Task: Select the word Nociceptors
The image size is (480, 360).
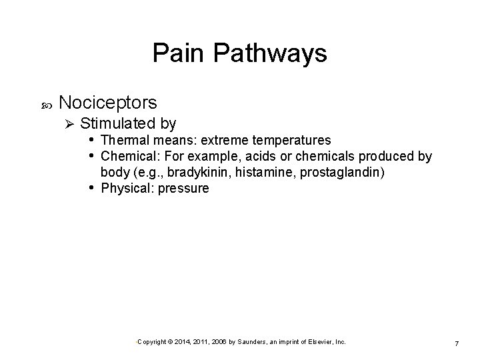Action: pos(108,103)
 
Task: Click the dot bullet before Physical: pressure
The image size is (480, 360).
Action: pos(91,188)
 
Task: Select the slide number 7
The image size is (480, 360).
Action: pos(456,343)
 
